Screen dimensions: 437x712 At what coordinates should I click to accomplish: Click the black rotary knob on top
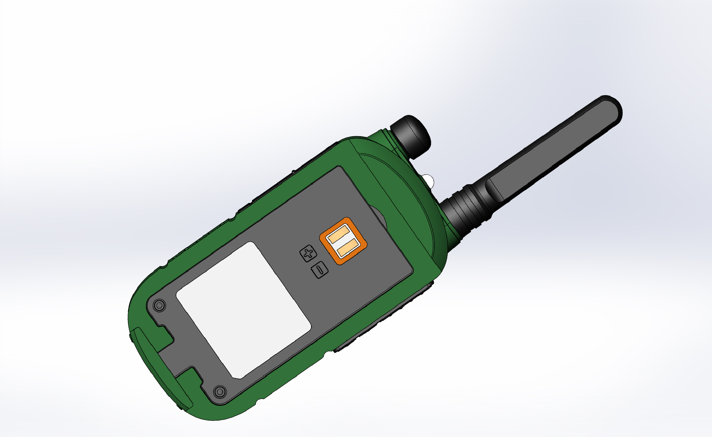pos(410,136)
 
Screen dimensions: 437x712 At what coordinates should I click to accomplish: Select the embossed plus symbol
pos(308,253)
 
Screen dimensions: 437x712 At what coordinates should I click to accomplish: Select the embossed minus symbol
pos(320,270)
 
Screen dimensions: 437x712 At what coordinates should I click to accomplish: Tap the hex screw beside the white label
pos(159,305)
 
